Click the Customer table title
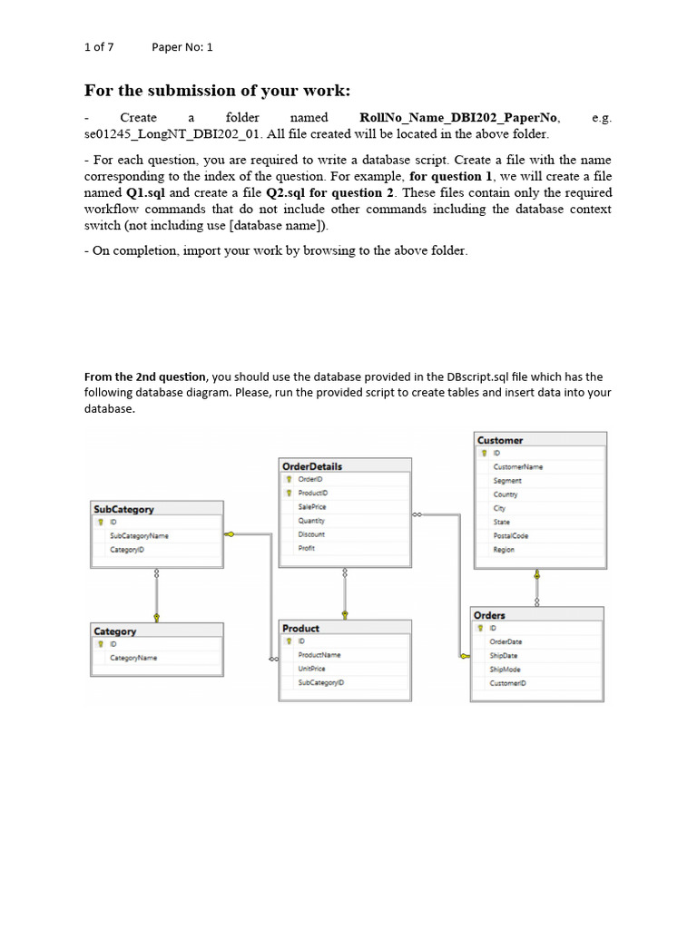coord(500,440)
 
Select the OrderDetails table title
coord(312,465)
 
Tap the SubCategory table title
coord(124,509)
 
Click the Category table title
coord(115,631)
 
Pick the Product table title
coord(300,628)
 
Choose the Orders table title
coord(490,615)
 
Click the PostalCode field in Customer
coord(511,535)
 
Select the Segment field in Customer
coord(507,480)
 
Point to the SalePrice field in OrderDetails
coord(311,506)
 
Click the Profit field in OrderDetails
coord(306,548)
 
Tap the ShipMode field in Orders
coord(505,669)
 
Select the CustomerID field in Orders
coord(507,682)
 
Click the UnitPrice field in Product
coord(311,668)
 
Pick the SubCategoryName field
coord(139,535)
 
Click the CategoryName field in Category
coord(133,657)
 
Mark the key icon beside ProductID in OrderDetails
coord(288,493)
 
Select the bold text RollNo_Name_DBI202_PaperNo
coord(459,118)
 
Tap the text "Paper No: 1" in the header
coord(182,46)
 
